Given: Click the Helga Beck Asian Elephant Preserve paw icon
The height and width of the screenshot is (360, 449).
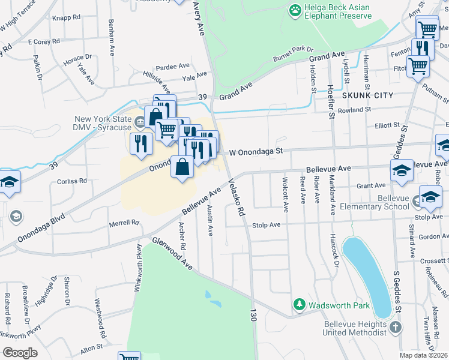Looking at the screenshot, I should (295, 10).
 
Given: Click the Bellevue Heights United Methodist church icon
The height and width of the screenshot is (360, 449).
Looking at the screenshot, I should (395, 328).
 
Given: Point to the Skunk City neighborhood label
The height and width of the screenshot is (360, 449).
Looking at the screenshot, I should (367, 95).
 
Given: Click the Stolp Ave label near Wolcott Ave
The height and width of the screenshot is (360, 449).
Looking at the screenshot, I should (267, 225).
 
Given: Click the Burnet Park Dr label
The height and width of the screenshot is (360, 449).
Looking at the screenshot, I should (294, 52).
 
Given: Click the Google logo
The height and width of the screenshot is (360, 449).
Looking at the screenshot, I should (20, 352).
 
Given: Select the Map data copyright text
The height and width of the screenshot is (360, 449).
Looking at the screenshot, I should (424, 355).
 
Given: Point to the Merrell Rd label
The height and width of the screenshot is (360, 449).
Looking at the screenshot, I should (123, 223).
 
